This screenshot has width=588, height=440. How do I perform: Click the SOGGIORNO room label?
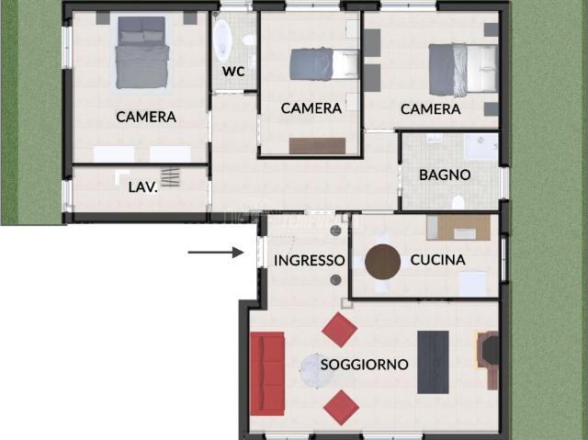click(x=364, y=365)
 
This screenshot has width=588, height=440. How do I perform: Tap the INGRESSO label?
click(x=309, y=261)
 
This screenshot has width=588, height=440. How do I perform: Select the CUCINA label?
click(x=437, y=260)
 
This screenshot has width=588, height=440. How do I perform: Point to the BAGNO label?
click(x=445, y=175)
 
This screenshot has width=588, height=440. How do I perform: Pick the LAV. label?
click(x=142, y=186)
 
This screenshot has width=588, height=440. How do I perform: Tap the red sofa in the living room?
click(x=267, y=373)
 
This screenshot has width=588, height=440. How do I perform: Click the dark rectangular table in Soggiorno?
click(x=433, y=362)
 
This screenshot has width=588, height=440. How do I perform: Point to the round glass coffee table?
click(x=318, y=371)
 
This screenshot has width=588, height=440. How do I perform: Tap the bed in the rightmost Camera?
click(x=462, y=70)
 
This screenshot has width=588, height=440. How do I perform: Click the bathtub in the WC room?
click(x=223, y=39)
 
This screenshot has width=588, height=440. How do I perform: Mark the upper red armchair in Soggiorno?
click(x=339, y=329)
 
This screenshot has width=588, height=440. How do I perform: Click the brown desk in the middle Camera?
click(x=317, y=145)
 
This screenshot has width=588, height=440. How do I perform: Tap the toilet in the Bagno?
click(x=458, y=201)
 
